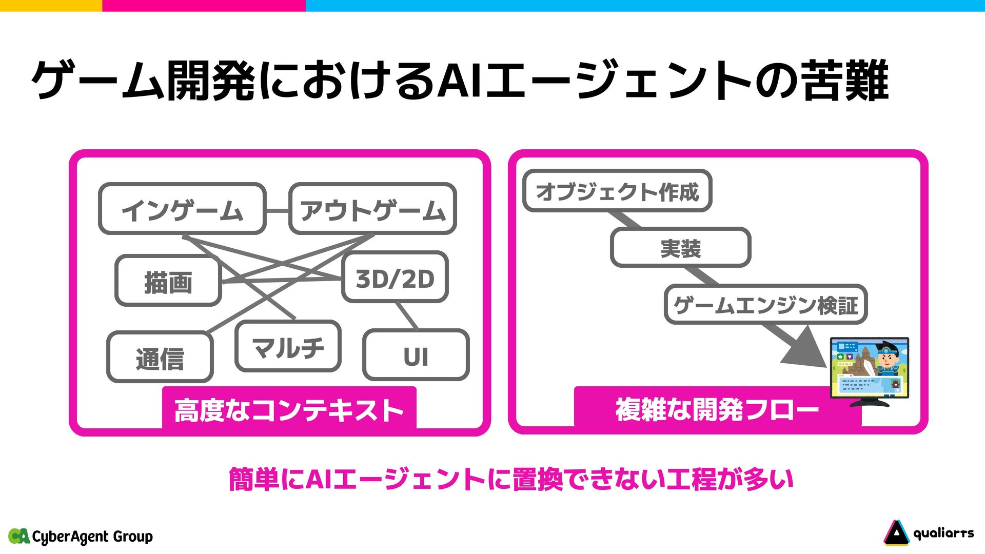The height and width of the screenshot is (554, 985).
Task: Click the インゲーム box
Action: click(x=182, y=209)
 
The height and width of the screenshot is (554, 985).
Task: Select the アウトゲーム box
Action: click(x=372, y=209)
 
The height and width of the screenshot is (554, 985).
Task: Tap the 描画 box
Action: click(x=168, y=281)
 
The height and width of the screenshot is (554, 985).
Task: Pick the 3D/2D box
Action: click(x=395, y=278)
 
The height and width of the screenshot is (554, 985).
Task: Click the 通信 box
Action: click(x=160, y=358)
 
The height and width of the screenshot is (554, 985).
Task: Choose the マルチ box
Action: click(x=288, y=347)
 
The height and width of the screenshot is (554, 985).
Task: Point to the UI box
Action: click(x=416, y=355)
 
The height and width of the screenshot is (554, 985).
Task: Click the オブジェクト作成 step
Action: click(x=617, y=191)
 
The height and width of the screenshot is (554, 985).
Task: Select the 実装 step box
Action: click(x=680, y=248)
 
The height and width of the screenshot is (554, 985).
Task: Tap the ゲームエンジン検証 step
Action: click(x=765, y=305)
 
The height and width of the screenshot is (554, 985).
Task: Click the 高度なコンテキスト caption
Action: click(x=289, y=409)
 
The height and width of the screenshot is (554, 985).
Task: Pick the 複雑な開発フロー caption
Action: click(x=717, y=409)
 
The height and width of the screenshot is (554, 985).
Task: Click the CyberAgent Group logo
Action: click(x=81, y=536)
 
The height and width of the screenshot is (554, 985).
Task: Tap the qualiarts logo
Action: click(x=929, y=533)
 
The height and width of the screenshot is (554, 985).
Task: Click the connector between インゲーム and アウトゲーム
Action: click(x=278, y=210)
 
